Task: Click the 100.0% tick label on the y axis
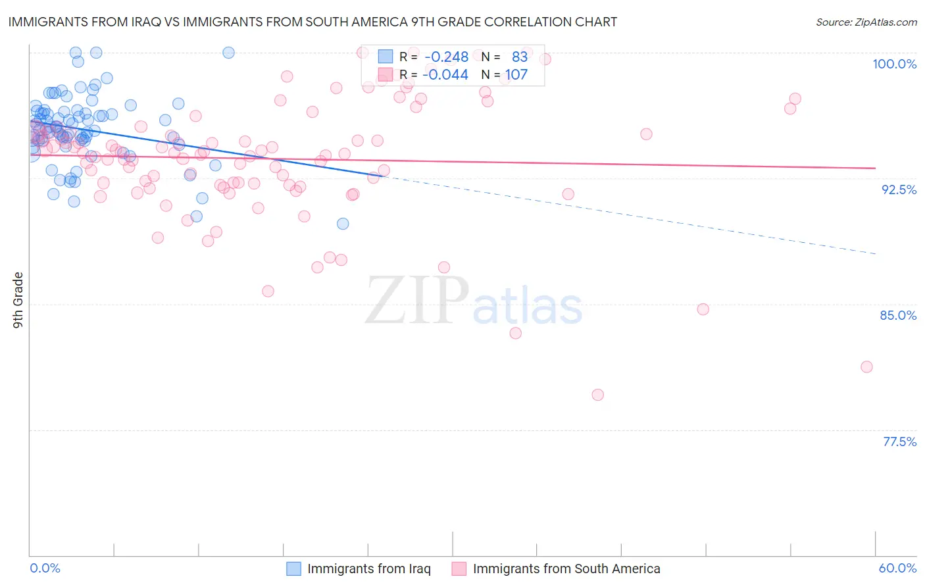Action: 894,64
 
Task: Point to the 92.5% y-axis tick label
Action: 899,190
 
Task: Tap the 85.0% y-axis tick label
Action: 898,315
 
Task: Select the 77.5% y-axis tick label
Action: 899,442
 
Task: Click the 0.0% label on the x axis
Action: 45,568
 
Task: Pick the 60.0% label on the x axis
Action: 897,568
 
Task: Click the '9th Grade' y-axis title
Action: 18,300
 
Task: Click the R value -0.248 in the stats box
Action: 446,57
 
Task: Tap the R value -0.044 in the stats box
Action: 445,75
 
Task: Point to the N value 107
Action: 516,75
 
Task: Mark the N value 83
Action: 520,57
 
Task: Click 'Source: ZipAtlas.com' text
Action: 866,22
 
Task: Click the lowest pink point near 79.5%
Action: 597,395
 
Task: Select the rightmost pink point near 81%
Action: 866,367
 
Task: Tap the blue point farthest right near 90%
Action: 343,224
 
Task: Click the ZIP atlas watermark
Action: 474,301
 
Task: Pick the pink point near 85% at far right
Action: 703,309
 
